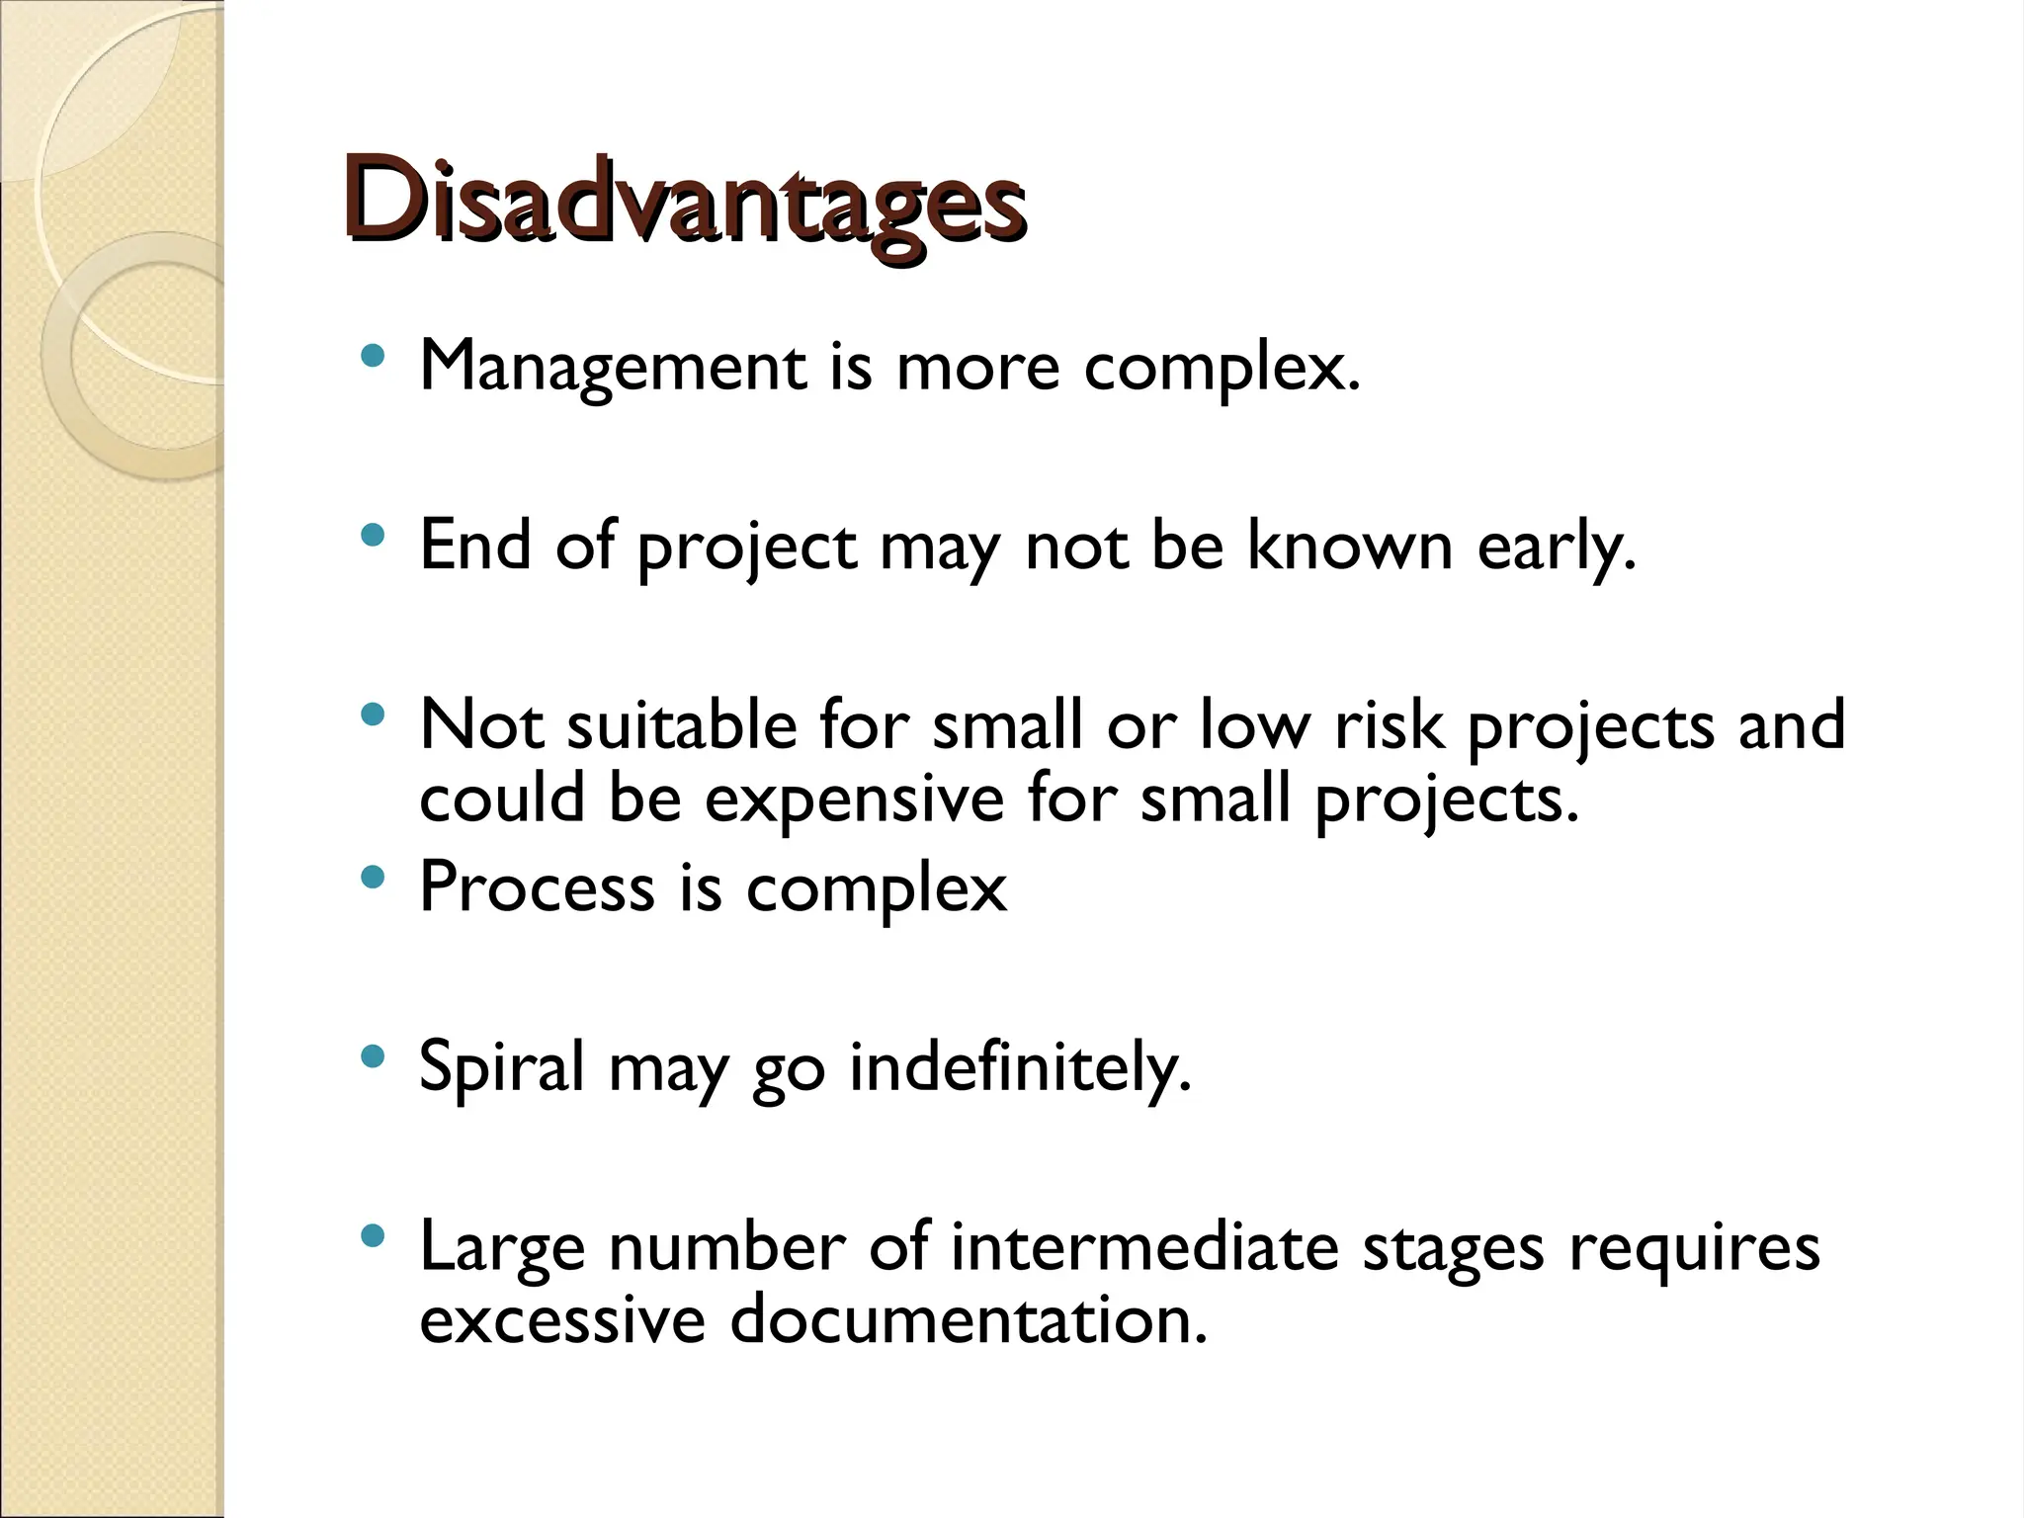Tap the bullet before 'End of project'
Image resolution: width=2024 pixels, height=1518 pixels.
click(372, 537)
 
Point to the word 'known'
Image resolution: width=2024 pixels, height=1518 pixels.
click(1349, 546)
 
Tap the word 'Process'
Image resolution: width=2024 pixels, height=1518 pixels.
click(537, 886)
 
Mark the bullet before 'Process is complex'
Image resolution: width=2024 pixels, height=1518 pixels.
click(372, 876)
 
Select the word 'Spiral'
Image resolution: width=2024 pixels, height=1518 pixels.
click(502, 1068)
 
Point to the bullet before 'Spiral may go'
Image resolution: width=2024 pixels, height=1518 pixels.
click(372, 1057)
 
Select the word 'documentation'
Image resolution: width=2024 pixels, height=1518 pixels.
click(967, 1320)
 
